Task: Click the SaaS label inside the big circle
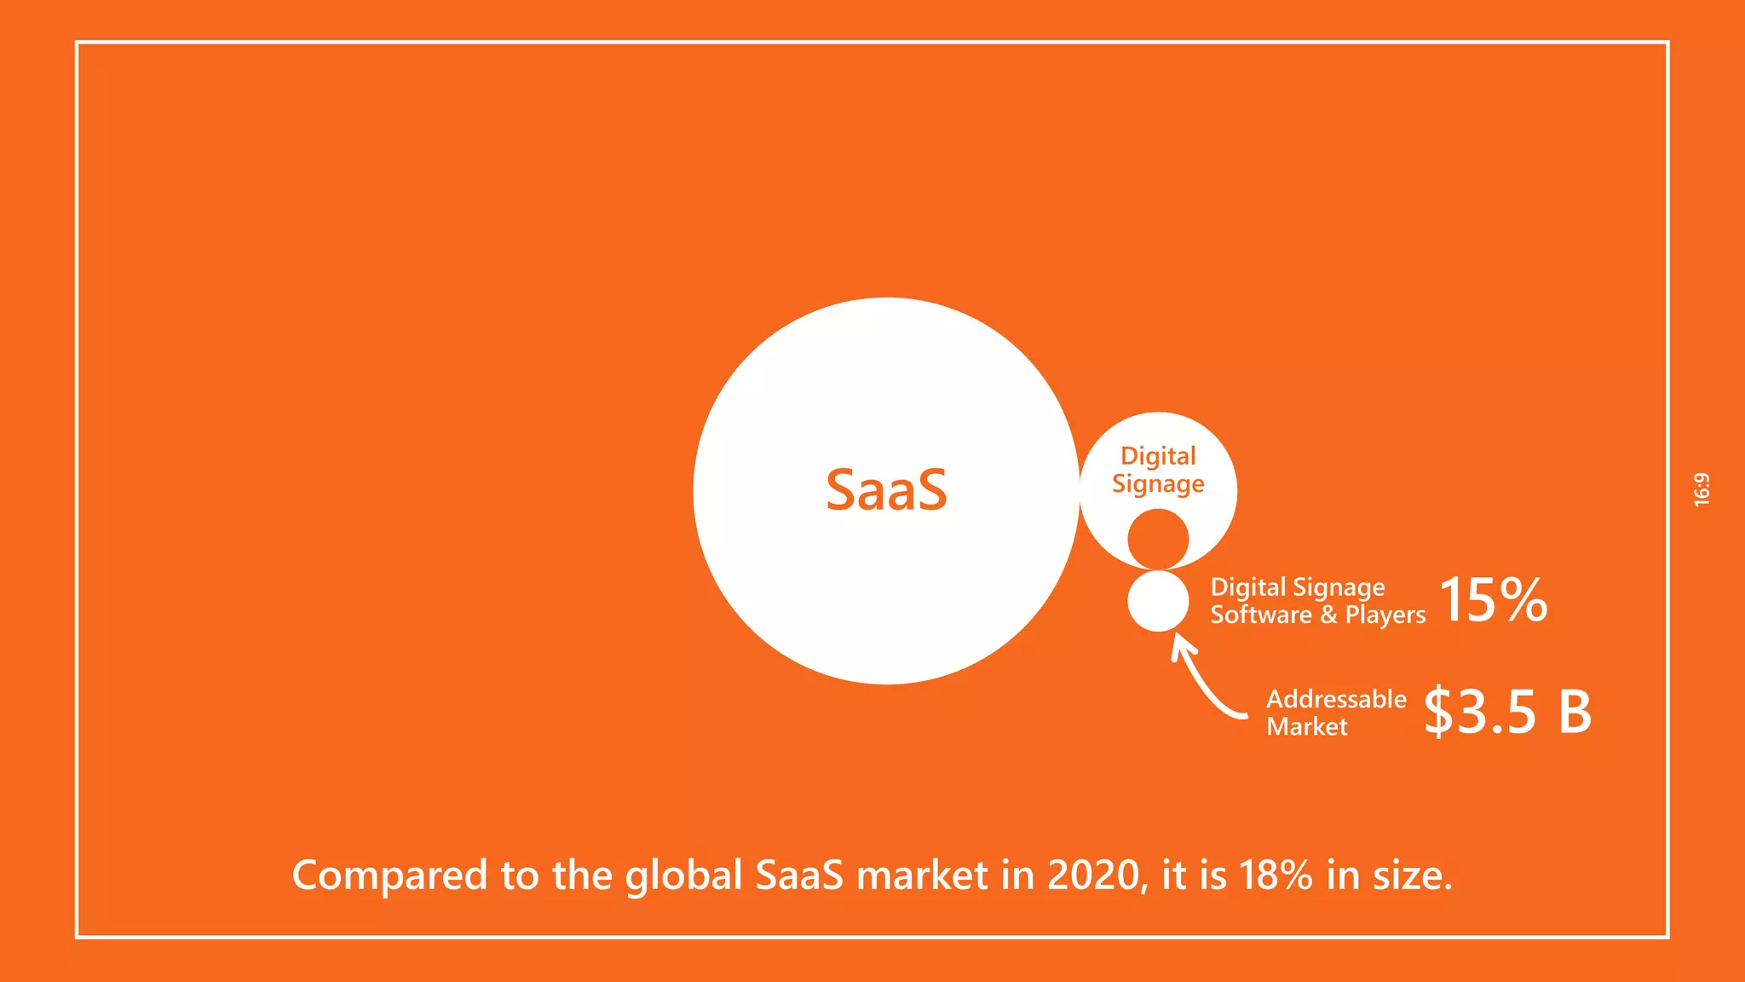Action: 886,491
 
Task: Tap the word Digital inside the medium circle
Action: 1158,457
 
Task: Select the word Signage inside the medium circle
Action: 1158,485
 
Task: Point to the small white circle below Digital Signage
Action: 1158,601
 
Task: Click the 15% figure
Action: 1493,600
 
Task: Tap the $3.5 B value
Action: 1507,712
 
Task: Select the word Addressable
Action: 1336,699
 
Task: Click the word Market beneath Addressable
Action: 1307,727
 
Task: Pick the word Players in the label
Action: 1385,615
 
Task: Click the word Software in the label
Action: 1261,615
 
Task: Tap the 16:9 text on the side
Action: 1702,490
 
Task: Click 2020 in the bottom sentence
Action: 1093,875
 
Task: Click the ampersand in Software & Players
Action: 1328,615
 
